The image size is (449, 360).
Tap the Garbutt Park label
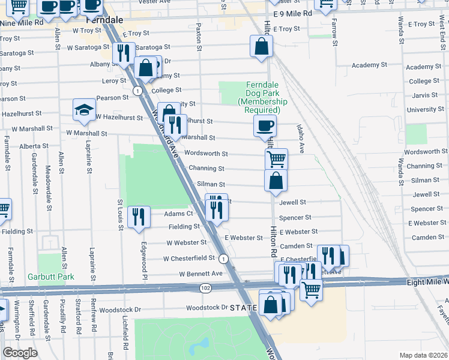50,277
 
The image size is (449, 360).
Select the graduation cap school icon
85,110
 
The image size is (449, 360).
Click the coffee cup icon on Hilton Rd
265,126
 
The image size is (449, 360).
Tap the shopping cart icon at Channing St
276,160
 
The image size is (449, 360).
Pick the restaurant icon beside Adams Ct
139,217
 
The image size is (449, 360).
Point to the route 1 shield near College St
138,91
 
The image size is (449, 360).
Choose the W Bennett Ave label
200,274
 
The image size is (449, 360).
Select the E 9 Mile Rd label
292,13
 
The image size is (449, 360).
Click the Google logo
20,353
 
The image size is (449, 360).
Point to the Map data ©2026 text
423,355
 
